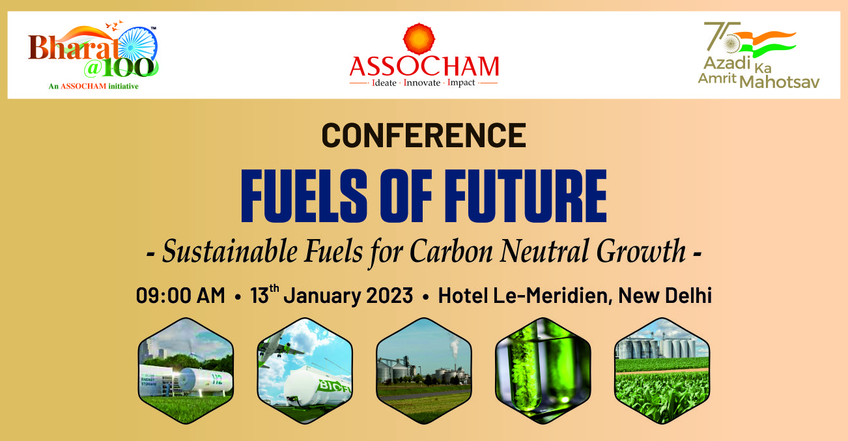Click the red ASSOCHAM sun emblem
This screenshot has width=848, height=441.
419,38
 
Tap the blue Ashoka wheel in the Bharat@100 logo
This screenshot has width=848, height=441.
138,45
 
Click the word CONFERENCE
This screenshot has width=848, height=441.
424,135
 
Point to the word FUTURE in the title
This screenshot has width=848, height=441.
526,195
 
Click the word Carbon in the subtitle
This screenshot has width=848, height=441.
451,251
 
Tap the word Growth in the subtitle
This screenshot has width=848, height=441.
641,251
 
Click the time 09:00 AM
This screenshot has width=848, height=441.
180,295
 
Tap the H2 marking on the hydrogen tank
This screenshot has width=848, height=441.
218,379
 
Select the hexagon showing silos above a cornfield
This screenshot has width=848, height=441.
662,371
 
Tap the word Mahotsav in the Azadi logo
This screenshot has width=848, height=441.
780,82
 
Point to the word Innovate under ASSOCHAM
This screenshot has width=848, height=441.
422,83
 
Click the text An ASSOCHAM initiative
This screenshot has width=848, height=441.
94,86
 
